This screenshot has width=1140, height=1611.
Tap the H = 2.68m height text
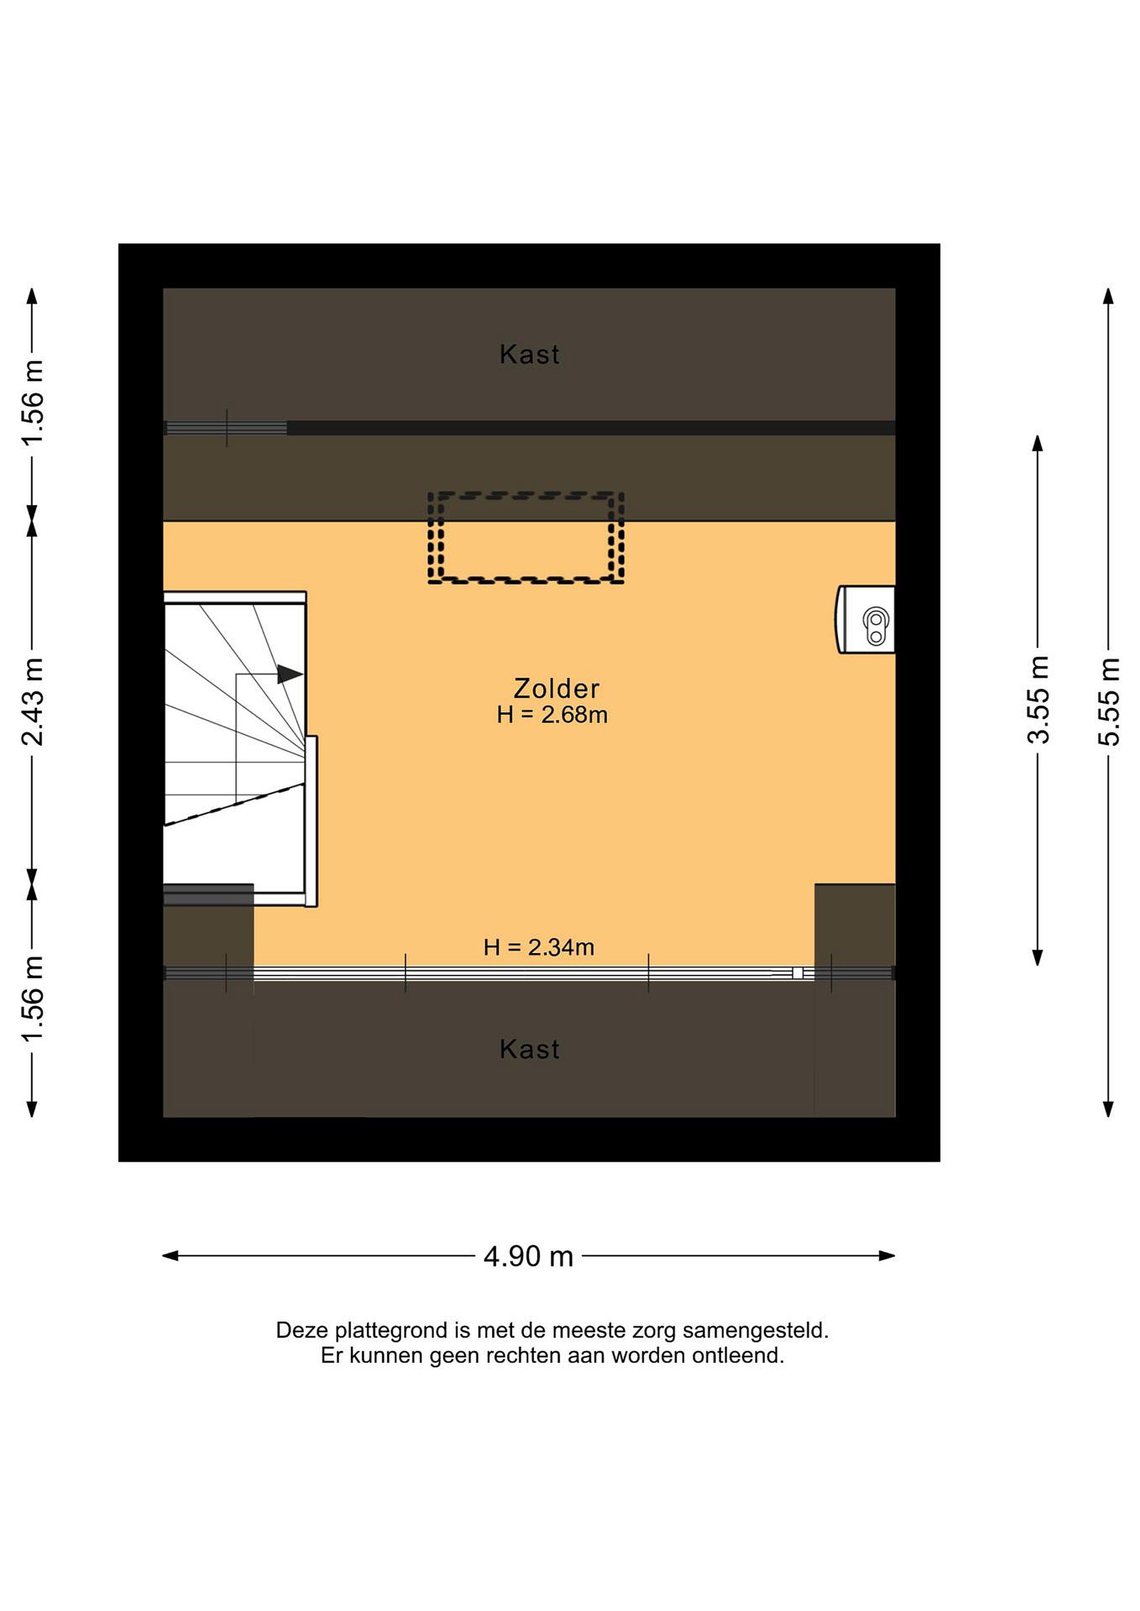click(x=552, y=715)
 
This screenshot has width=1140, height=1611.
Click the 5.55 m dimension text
click(x=1109, y=701)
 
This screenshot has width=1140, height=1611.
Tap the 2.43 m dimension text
click(x=32, y=701)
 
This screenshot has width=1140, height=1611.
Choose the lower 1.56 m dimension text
click(x=32, y=998)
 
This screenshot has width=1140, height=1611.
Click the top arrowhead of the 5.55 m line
click(x=1109, y=296)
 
